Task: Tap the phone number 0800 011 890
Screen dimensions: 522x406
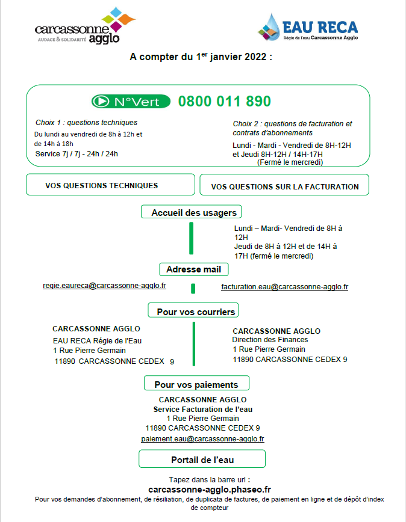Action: pyautogui.click(x=224, y=101)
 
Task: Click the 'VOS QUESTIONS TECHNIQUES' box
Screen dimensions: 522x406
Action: pyautogui.click(x=110, y=185)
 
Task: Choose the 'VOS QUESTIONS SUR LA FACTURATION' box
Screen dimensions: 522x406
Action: pyautogui.click(x=284, y=186)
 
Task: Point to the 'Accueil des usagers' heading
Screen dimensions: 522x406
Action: pyautogui.click(x=192, y=212)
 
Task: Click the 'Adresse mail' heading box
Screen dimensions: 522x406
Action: pyautogui.click(x=193, y=269)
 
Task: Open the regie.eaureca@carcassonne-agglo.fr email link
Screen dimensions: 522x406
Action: pyautogui.click(x=104, y=286)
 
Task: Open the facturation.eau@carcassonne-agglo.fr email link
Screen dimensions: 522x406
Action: pyautogui.click(x=284, y=287)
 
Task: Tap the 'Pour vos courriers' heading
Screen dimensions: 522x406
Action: pyautogui.click(x=193, y=312)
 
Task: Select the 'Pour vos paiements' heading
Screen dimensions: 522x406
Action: pyautogui.click(x=196, y=384)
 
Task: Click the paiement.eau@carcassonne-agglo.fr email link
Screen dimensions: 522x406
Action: pyautogui.click(x=202, y=439)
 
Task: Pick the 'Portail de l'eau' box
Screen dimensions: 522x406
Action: pyautogui.click(x=202, y=460)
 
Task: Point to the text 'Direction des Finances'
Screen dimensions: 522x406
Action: pyautogui.click(x=270, y=340)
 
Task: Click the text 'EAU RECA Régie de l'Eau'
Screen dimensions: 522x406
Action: pyautogui.click(x=97, y=340)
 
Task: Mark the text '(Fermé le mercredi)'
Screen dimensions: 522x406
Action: pyautogui.click(x=290, y=162)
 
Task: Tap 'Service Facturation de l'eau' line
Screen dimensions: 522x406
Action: pyautogui.click(x=202, y=409)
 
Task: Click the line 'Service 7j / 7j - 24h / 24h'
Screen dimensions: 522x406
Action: pyautogui.click(x=77, y=153)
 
